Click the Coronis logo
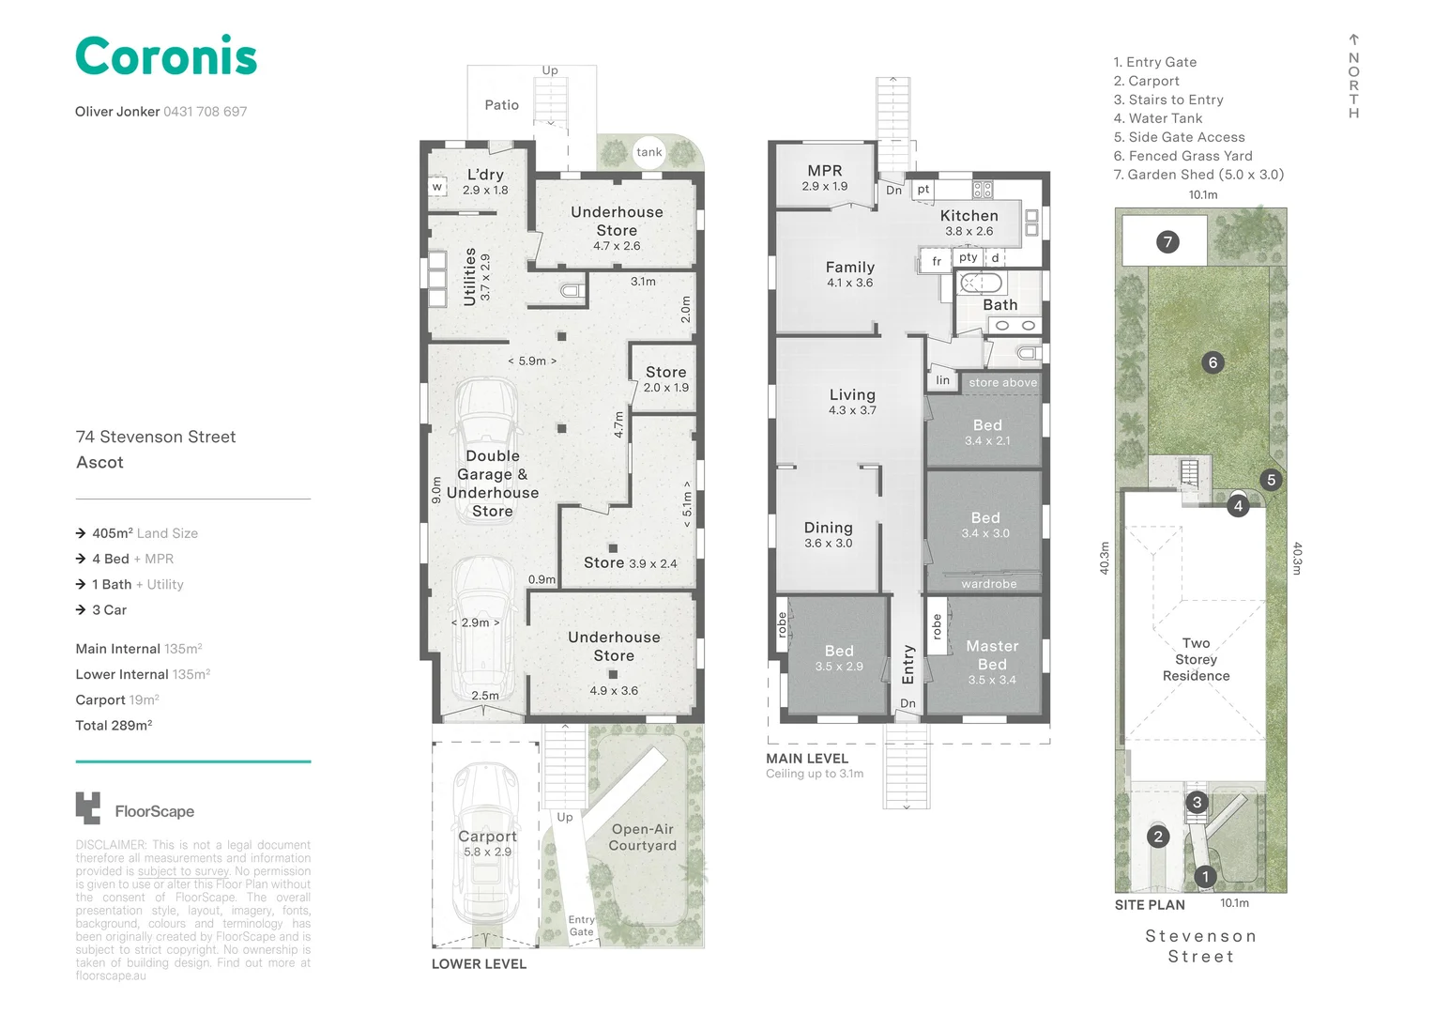tap(166, 55)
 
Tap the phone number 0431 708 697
tap(205, 112)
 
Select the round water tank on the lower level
tap(648, 152)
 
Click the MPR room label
tap(825, 170)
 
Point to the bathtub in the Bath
tap(980, 283)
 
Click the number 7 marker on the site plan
tap(1167, 241)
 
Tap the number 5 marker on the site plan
tap(1271, 480)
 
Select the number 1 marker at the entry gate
tap(1205, 876)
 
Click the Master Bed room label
tap(992, 655)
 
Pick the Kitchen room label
tap(969, 216)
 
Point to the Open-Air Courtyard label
tap(642, 837)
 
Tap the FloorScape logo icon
tap(87, 808)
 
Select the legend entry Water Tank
tap(1157, 118)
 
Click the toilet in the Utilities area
tap(572, 291)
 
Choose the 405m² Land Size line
tap(138, 533)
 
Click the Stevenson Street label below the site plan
tap(1200, 946)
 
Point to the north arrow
tap(1353, 39)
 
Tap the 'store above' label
tap(1002, 382)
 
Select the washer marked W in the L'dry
tap(437, 187)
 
